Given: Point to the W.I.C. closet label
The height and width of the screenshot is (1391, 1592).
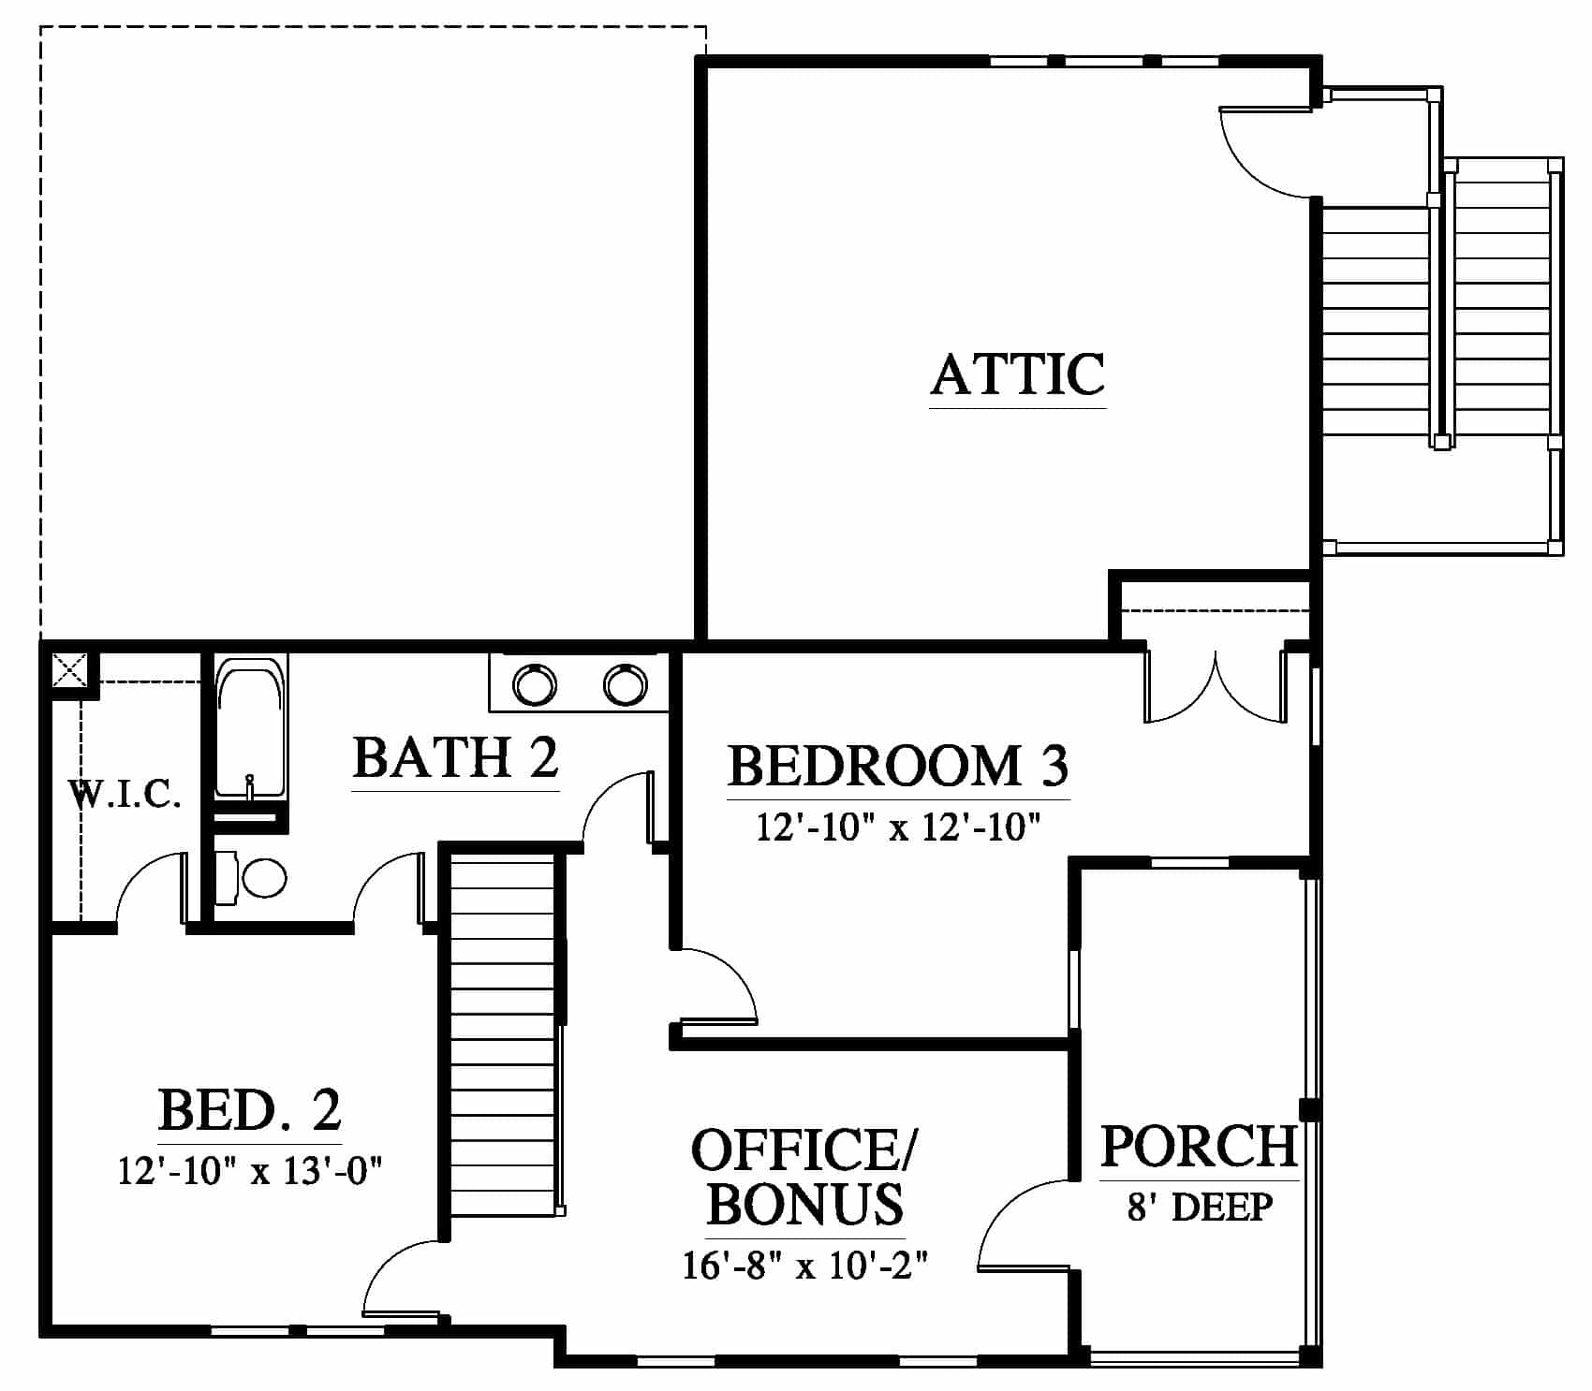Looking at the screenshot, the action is tap(125, 795).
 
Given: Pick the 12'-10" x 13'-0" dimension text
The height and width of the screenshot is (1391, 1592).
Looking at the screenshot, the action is tap(251, 1170).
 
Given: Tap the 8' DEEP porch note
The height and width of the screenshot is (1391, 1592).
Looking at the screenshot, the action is tap(1200, 1207).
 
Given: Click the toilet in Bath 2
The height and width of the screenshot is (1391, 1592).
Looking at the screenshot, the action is tap(251, 878).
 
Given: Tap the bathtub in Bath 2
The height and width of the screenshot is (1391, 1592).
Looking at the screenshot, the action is tap(249, 728).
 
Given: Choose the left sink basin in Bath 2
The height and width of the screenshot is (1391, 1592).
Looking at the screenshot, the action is tap(535, 685).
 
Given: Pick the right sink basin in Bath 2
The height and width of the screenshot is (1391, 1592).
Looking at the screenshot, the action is tap(625, 685).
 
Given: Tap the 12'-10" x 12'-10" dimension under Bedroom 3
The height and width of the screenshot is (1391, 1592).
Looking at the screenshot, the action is tap(898, 828).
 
